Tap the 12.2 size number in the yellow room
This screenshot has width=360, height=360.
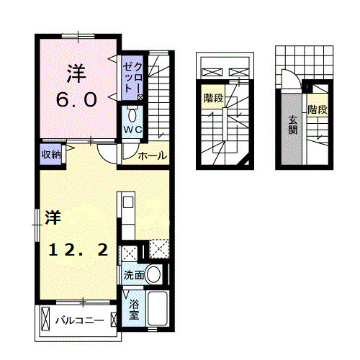pyautogui.click(x=79, y=250)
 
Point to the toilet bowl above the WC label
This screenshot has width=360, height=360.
pyautogui.click(x=132, y=115)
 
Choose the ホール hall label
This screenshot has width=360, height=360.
pyautogui.click(x=152, y=156)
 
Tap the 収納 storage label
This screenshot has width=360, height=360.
pyautogui.click(x=50, y=153)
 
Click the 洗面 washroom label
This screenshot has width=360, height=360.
pyautogui.click(x=133, y=275)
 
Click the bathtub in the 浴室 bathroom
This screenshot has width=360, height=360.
pyautogui.click(x=157, y=310)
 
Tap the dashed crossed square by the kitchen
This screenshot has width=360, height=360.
pyautogui.click(x=159, y=249)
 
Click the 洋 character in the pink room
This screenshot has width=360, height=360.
pyautogui.click(x=76, y=73)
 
